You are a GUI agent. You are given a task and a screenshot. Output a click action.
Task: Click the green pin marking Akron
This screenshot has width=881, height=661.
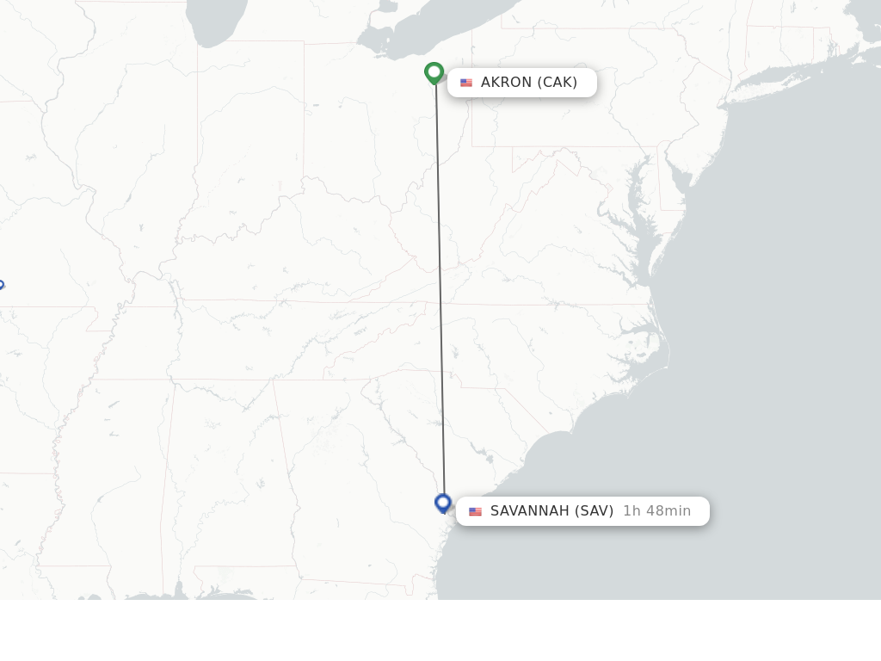(x=434, y=72)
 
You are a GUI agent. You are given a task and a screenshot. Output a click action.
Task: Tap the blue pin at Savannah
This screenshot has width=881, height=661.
(x=443, y=503)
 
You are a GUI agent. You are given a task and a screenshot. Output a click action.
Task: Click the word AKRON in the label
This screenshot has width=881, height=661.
(x=506, y=83)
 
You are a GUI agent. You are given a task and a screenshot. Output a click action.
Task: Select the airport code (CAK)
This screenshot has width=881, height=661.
(x=558, y=83)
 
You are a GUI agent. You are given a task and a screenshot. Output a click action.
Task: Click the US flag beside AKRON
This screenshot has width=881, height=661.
(x=466, y=83)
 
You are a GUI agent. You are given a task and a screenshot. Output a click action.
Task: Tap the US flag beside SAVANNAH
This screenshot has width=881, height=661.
(x=475, y=511)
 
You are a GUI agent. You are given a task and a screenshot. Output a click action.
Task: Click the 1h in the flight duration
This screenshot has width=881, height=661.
(x=631, y=511)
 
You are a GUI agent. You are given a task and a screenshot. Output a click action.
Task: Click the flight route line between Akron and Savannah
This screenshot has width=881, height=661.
(x=440, y=284)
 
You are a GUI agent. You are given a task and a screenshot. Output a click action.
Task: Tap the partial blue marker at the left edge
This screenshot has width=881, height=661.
(x=1, y=285)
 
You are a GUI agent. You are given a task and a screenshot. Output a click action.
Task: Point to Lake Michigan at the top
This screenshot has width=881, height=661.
(x=215, y=22)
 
